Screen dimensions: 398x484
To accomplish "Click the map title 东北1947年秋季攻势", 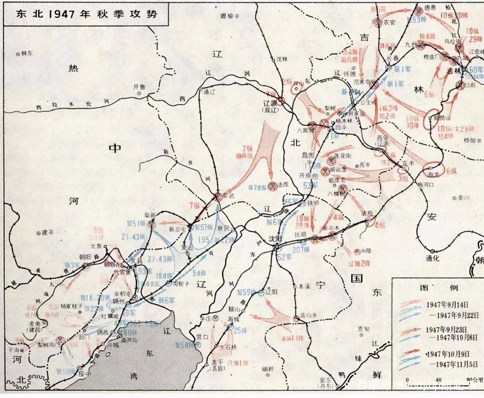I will click(86, 14).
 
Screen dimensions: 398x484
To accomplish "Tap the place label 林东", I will click(27, 54).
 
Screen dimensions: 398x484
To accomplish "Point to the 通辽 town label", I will click(209, 92).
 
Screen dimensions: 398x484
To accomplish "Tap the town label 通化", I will click(433, 258).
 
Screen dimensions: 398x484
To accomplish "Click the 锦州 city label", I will click(119, 301).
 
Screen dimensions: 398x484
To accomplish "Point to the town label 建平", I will click(48, 232).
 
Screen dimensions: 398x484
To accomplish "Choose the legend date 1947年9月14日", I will click(447, 304).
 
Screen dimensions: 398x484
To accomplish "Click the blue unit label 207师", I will click(301, 250).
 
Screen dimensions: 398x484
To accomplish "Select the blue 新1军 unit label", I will click(396, 84).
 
